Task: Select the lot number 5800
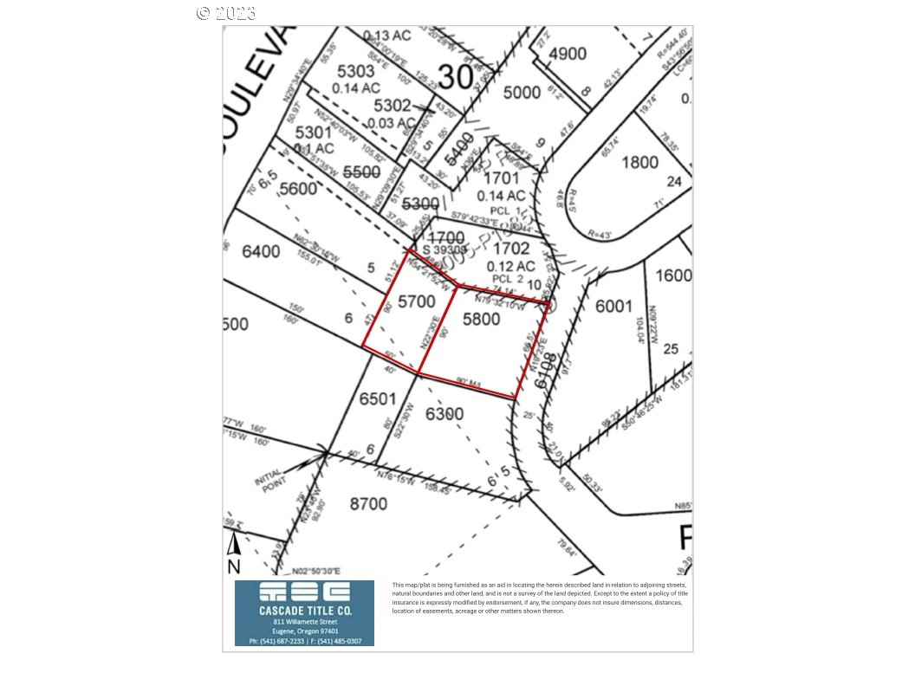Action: click(x=482, y=319)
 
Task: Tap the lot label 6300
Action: click(x=445, y=414)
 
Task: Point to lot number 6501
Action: click(x=377, y=398)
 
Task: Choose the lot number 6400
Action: click(x=262, y=252)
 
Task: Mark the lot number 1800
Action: click(x=639, y=162)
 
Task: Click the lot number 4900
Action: click(x=568, y=53)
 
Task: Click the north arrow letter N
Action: click(x=233, y=566)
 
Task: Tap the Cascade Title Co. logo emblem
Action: click(x=304, y=592)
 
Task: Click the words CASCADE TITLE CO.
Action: click(x=305, y=610)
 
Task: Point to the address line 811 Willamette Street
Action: click(x=305, y=622)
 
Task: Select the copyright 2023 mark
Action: click(x=226, y=12)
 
